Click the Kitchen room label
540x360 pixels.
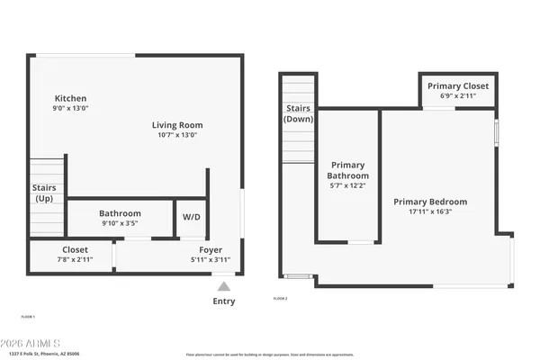coord(70,98)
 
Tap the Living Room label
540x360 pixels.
coord(176,125)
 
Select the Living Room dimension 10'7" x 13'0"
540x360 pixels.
coord(176,135)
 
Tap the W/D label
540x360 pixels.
coord(192,217)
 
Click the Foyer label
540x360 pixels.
coord(211,250)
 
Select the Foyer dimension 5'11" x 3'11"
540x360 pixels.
coord(211,260)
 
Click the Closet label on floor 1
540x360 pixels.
coord(75,250)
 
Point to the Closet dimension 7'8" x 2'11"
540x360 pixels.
coord(75,260)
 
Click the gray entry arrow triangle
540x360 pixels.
coord(223,285)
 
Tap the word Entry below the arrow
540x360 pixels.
coord(223,301)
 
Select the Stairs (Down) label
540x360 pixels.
coord(299,112)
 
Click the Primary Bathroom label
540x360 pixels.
coord(348,170)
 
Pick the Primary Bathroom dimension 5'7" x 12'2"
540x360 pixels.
coord(348,186)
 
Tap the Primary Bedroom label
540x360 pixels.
coord(430,202)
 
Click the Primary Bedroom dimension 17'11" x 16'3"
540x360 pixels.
coord(430,212)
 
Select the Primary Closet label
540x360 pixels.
coord(458,85)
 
